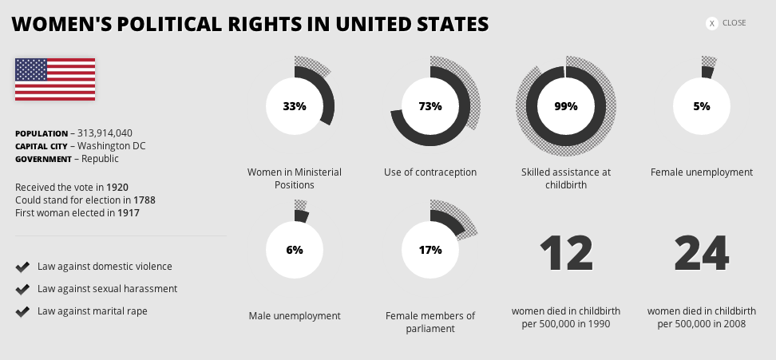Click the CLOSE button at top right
click(x=727, y=23)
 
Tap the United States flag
click(x=55, y=79)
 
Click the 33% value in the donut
click(x=295, y=106)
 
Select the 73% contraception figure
click(x=430, y=106)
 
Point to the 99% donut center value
click(x=566, y=106)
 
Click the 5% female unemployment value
click(x=702, y=106)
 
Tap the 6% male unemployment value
click(x=295, y=250)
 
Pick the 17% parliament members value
click(x=430, y=250)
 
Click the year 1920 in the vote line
click(x=117, y=187)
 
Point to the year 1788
click(x=144, y=200)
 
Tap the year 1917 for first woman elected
click(x=129, y=212)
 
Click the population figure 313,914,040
click(x=105, y=133)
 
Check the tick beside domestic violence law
click(x=22, y=267)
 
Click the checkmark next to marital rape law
click(x=22, y=311)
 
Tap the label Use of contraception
click(x=430, y=172)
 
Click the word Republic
click(x=101, y=159)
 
